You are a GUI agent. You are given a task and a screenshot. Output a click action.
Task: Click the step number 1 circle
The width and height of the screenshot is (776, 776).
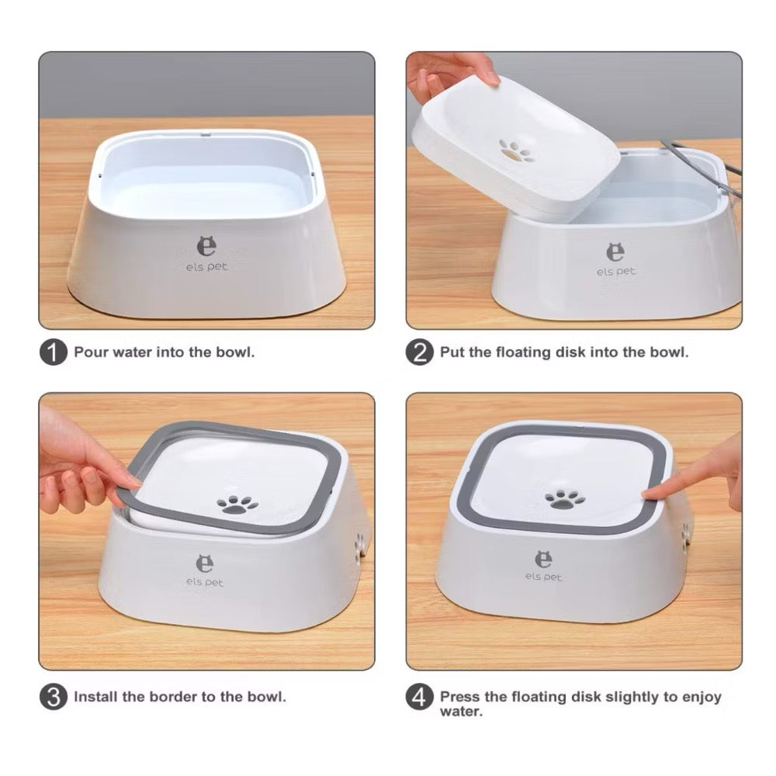point(53,352)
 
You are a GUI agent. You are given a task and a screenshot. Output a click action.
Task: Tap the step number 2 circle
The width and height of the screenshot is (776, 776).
point(420,352)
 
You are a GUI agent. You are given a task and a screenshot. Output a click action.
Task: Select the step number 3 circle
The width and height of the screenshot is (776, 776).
point(53,696)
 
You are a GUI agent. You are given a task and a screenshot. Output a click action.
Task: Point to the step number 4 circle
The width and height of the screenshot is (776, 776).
point(420,696)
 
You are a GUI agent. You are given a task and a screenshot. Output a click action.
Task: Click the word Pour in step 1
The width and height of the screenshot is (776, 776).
point(90,352)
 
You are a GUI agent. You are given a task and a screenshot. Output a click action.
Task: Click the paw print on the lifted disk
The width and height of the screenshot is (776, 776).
point(514,151)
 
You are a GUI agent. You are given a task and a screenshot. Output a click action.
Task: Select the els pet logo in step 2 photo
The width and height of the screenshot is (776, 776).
point(615,260)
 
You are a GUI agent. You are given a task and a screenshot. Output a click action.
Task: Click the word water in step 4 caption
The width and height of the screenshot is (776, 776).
point(461,712)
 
